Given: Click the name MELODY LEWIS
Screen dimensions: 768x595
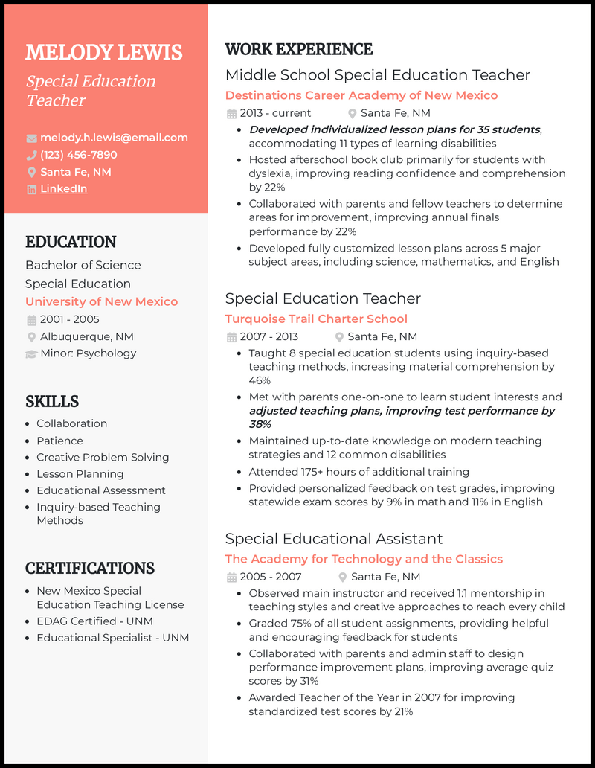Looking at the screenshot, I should point(103,53).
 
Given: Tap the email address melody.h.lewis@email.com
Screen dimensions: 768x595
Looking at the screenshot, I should point(114,138).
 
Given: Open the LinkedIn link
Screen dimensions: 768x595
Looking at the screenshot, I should point(63,189).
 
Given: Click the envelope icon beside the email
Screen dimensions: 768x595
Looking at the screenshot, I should point(31,138).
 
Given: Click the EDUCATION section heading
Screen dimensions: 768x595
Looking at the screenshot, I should point(71,242).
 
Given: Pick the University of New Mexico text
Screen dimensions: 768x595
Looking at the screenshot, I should point(101,301).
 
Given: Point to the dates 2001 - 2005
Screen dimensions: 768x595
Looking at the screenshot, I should point(69,319).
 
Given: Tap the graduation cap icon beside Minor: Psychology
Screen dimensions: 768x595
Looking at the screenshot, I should point(31,353).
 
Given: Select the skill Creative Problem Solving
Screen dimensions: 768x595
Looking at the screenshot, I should point(103,457).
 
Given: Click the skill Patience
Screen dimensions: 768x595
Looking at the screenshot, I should point(59,441).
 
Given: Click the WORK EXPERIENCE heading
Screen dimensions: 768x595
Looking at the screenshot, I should point(298,50).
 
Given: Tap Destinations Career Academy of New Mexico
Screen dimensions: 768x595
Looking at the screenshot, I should point(361,95).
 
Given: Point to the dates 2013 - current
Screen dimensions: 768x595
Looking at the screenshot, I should point(275,113).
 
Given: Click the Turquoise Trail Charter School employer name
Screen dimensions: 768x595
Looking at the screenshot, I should point(316,319).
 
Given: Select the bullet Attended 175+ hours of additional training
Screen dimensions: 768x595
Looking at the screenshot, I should point(358,472).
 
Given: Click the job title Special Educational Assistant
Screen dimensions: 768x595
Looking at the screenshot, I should point(334,539).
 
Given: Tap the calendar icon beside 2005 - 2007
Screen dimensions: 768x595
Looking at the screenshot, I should point(231,577).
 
